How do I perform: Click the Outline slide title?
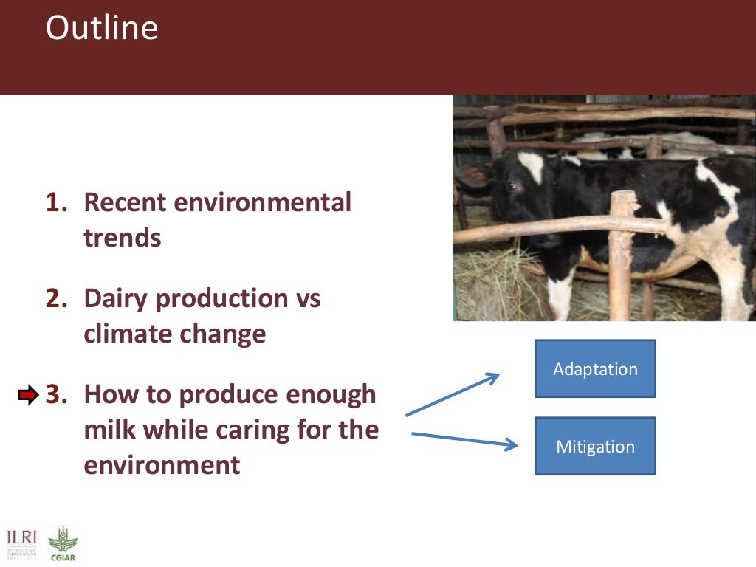point(101,29)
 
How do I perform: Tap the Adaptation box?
point(595,369)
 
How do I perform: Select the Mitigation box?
point(595,447)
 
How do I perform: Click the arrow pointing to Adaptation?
point(452,395)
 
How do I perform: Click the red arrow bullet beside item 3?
point(27,396)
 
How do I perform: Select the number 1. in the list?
point(58,202)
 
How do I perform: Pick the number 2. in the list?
point(58,299)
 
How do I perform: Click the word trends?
point(122,238)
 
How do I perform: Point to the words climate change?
point(174,334)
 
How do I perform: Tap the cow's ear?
point(473,176)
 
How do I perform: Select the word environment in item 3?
point(162,466)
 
